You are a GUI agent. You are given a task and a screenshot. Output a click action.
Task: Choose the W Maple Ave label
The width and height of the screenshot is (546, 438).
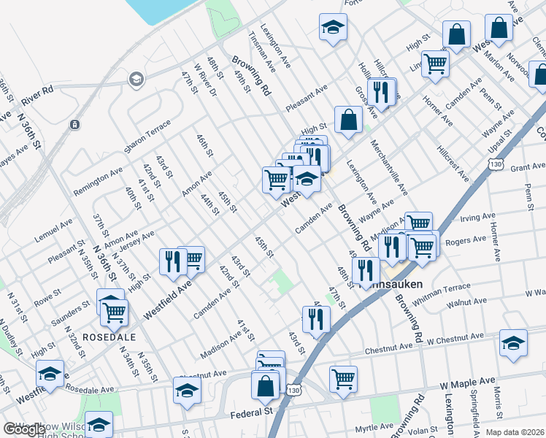pos(467,382)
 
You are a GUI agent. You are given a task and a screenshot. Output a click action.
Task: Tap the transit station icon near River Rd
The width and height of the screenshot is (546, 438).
pos(74,124)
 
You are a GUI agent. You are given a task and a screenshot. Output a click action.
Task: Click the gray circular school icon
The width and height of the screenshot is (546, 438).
pos(135,79)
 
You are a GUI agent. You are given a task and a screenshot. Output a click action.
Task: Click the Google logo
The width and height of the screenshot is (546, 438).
pos(24,429)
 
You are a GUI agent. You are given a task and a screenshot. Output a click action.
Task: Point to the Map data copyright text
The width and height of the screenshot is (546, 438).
pos(515,432)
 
